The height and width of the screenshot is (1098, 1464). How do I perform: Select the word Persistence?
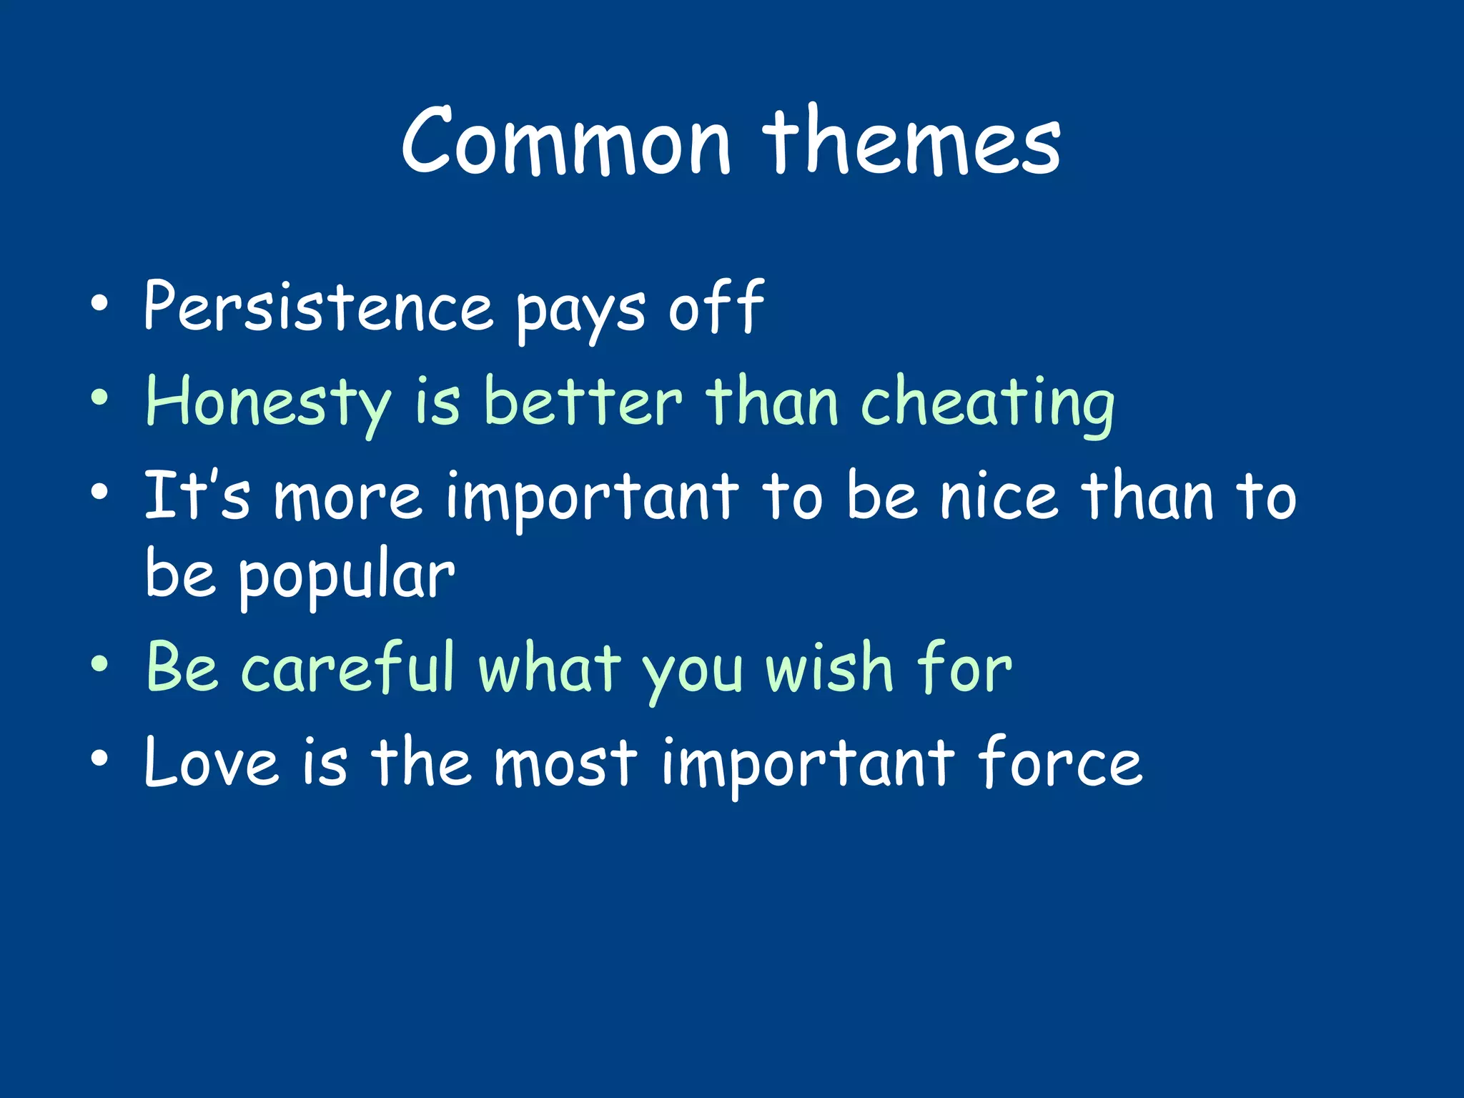tap(318, 307)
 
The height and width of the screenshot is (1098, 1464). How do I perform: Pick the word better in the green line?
tap(583, 402)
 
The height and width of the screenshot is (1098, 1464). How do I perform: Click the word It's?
tap(197, 495)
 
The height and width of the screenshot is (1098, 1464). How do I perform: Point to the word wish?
tap(829, 668)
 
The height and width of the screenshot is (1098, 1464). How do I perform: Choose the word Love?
tap(211, 763)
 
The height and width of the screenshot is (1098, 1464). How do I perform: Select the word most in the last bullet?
tap(565, 764)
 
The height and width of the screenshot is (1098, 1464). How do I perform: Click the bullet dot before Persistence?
tap(99, 303)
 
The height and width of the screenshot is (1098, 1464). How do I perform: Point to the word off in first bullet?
tap(716, 307)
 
